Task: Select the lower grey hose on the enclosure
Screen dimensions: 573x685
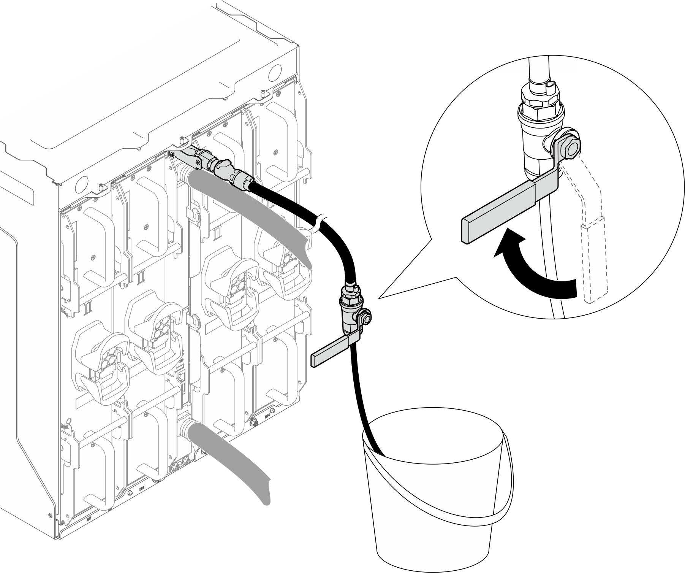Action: point(236,456)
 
